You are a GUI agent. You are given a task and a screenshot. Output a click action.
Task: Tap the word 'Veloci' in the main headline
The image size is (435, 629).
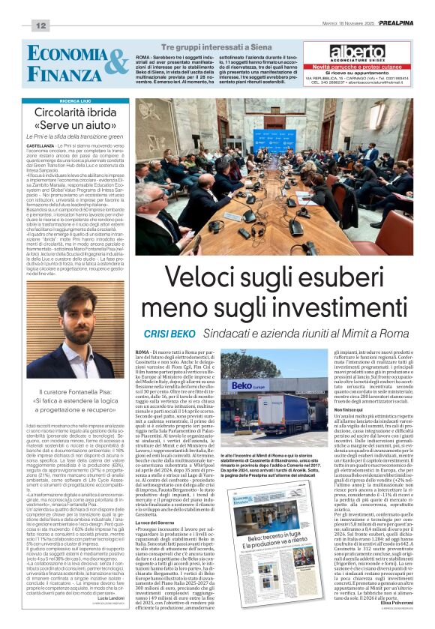[x=214, y=278]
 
